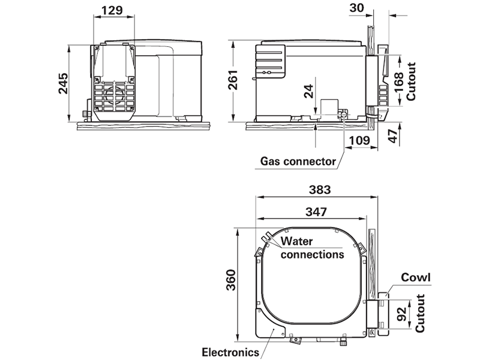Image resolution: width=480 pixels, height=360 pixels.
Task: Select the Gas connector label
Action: (x=298, y=161)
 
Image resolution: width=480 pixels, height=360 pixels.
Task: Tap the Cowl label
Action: (x=416, y=278)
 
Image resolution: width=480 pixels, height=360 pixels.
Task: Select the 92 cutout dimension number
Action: (x=404, y=312)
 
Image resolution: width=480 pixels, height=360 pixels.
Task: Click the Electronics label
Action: (x=230, y=352)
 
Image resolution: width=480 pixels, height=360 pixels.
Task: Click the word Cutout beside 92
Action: (x=420, y=312)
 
